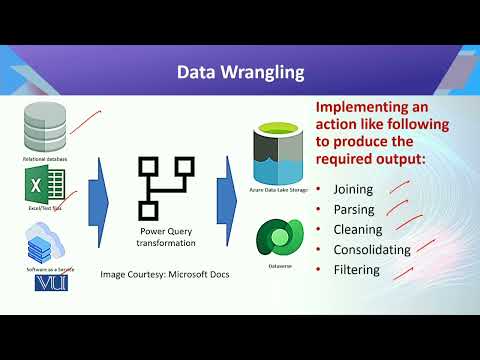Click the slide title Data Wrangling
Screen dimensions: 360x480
point(240,72)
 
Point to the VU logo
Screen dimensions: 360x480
point(48,284)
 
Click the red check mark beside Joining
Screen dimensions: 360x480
point(401,184)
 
